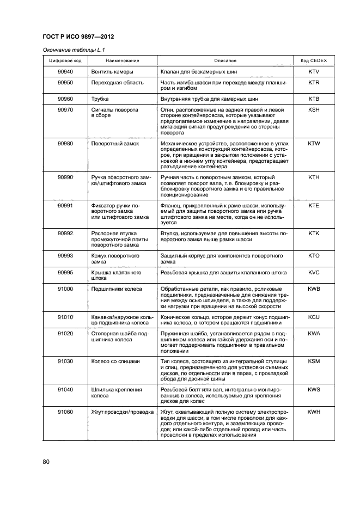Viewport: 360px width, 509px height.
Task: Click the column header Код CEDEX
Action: coord(313,60)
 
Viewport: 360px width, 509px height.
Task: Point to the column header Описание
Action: coord(225,60)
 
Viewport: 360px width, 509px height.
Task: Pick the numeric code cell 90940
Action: coord(65,71)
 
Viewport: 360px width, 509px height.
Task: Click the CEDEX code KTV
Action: coord(313,71)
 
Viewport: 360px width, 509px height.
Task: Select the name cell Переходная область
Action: coord(117,83)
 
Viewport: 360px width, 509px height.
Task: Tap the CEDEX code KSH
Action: coord(313,109)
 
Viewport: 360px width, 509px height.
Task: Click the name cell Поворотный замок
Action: coord(115,143)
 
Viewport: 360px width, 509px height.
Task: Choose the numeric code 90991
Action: coord(65,205)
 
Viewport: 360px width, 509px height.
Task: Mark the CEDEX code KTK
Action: coord(313,233)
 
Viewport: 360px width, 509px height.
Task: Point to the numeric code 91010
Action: coord(65,316)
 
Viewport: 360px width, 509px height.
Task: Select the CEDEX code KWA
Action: coord(313,333)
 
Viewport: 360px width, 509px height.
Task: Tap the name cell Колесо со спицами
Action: coord(115,361)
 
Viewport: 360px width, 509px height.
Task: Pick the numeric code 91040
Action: coord(65,389)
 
